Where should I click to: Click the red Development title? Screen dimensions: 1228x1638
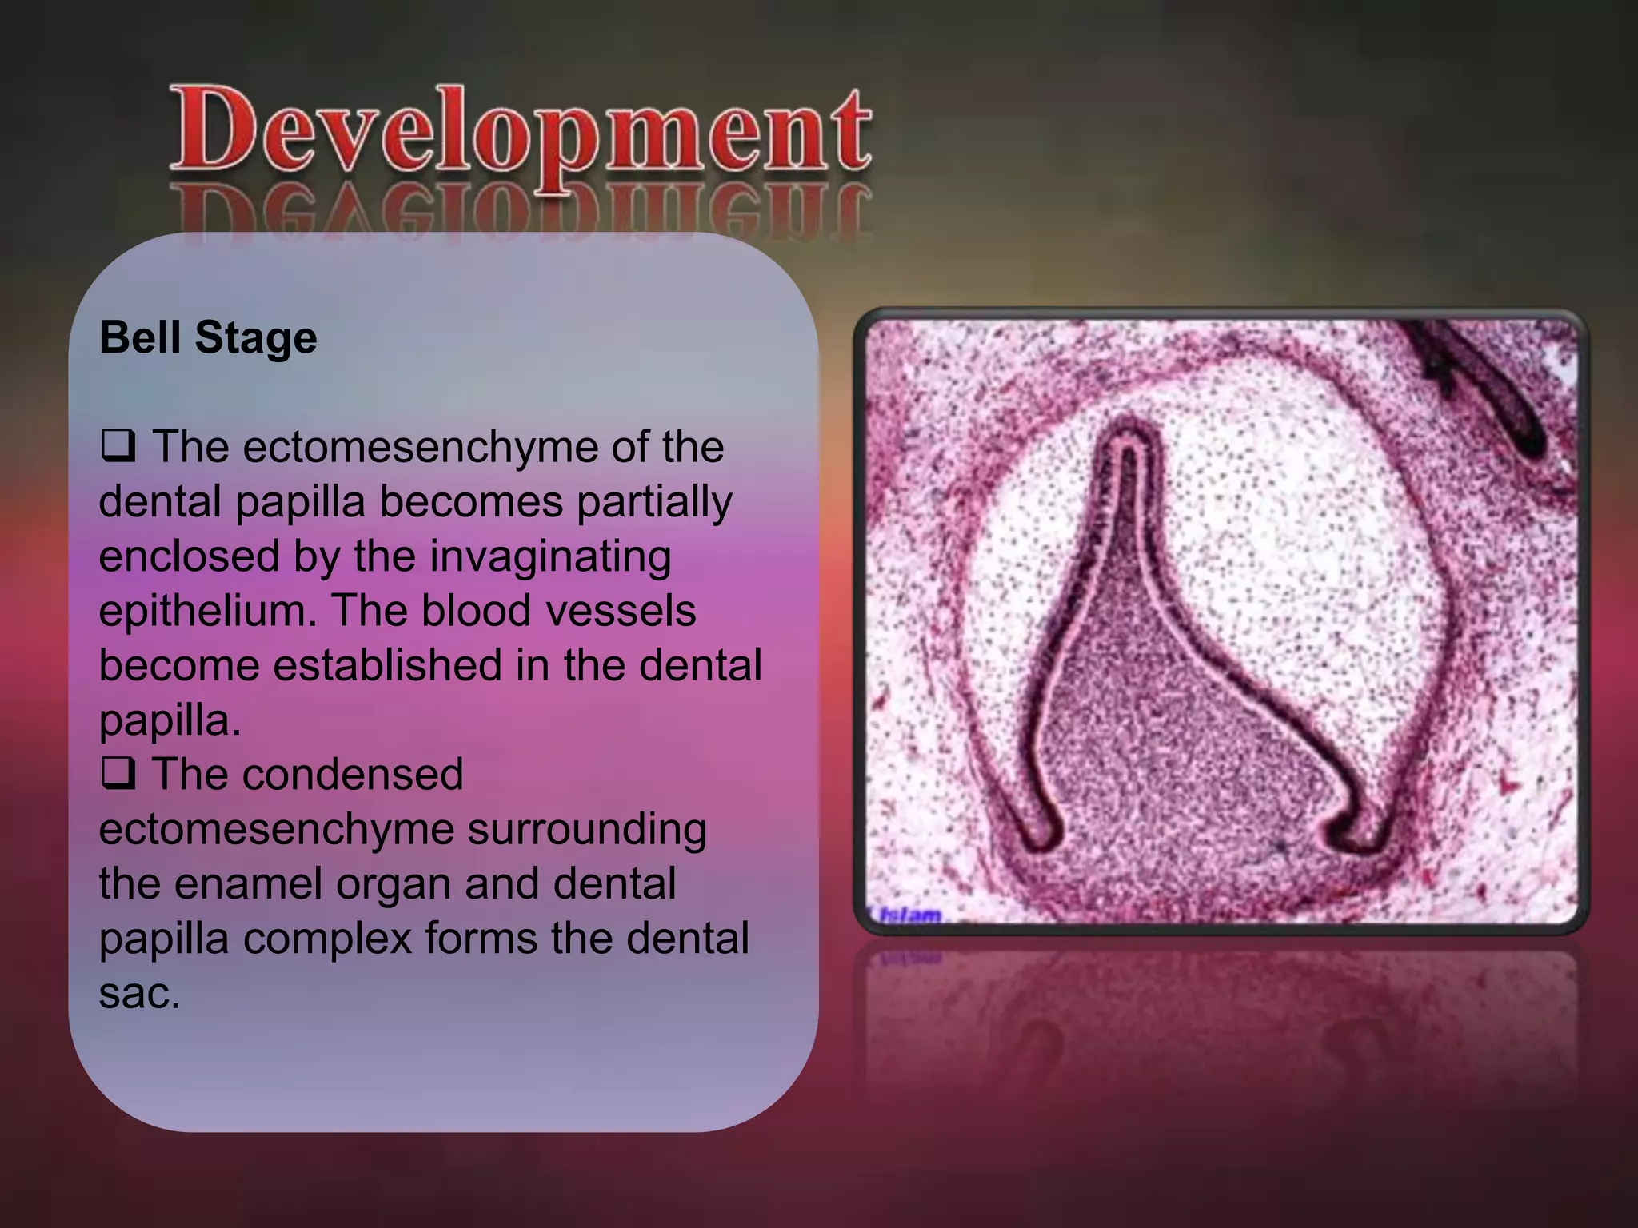pyautogui.click(x=520, y=132)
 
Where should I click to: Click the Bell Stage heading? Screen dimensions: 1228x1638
pyautogui.click(x=208, y=337)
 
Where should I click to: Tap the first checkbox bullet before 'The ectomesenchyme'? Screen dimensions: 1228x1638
pyautogui.click(x=118, y=445)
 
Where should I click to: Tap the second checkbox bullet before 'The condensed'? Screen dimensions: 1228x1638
pyautogui.click(x=118, y=773)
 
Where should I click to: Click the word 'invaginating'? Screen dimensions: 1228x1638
pyautogui.click(x=552, y=557)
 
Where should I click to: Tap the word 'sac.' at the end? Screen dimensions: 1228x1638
pyautogui.click(x=139, y=994)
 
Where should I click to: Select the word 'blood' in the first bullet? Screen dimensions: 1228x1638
pyautogui.click(x=476, y=612)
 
